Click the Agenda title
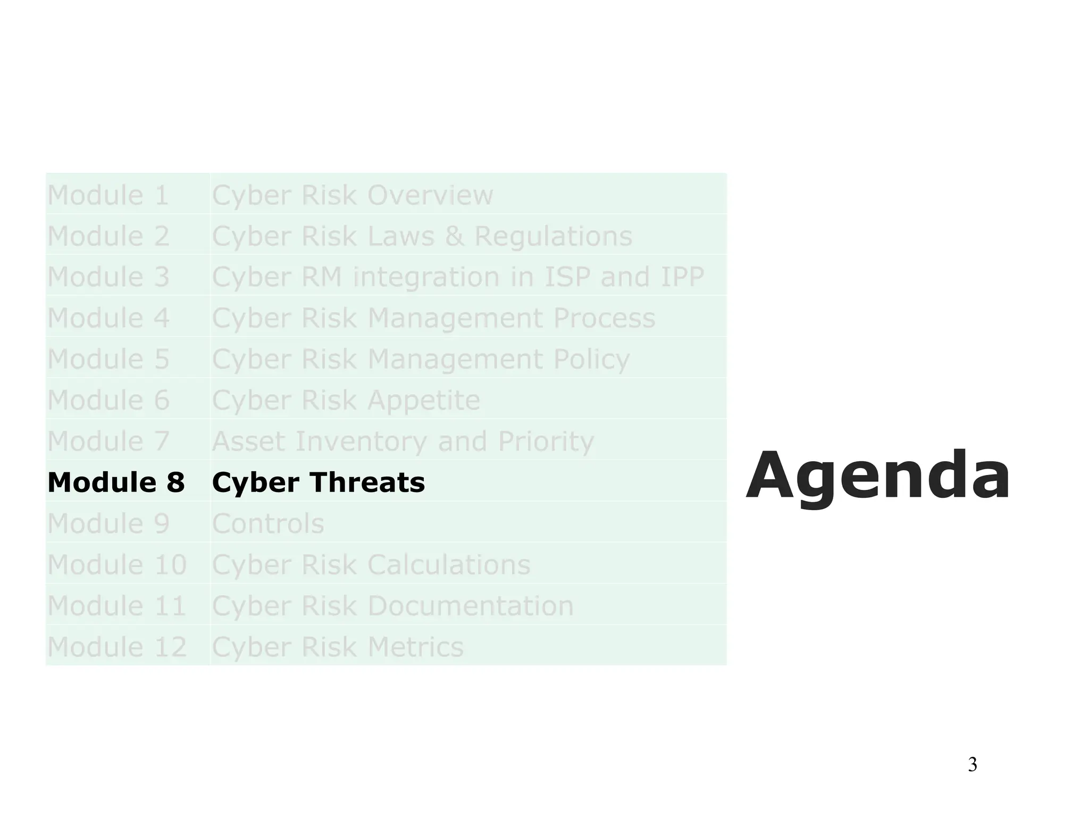(x=878, y=476)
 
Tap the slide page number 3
(x=972, y=764)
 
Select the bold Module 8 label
(x=116, y=482)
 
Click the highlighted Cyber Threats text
(x=318, y=482)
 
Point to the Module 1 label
(x=108, y=195)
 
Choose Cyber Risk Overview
(x=353, y=195)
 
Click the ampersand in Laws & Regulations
(x=454, y=236)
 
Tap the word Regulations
(x=553, y=236)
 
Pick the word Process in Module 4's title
(x=604, y=318)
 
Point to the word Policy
(x=591, y=360)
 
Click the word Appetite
(x=424, y=400)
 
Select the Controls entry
(x=268, y=523)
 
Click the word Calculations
(x=449, y=564)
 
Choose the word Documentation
(x=471, y=605)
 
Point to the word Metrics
(x=415, y=647)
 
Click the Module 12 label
(x=117, y=647)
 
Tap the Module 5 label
(x=108, y=359)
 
